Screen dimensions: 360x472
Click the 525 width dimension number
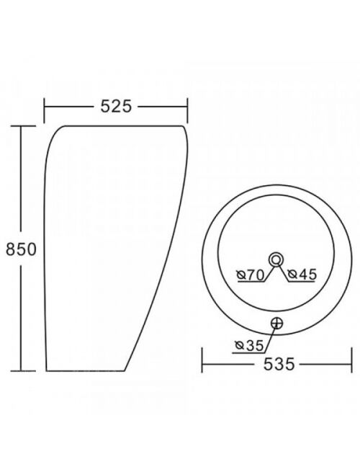point(116,106)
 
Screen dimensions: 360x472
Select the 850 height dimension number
point(21,249)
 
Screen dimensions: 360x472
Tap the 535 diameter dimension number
point(279,365)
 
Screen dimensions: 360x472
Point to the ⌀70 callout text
point(251,275)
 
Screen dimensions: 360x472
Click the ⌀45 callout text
point(302,275)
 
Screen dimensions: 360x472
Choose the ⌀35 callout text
point(249,345)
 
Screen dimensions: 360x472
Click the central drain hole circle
point(276,259)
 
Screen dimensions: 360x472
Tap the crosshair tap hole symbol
point(277,324)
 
